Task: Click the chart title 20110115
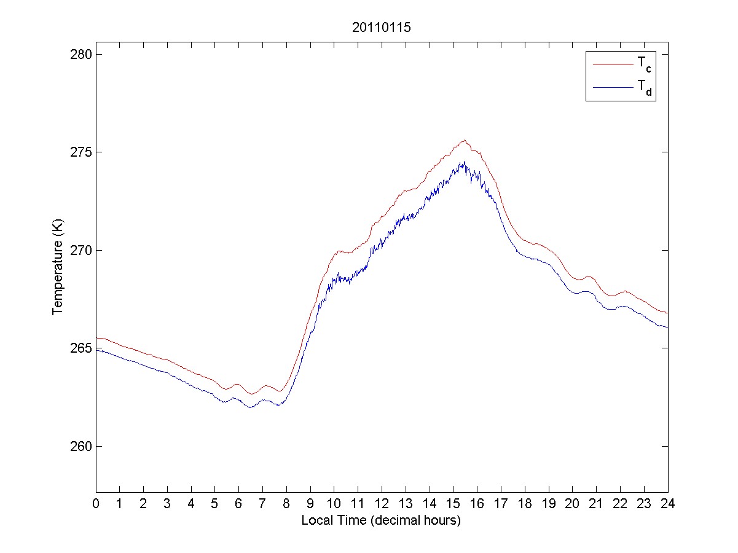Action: [381, 28]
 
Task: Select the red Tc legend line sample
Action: [611, 64]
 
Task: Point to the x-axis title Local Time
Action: [381, 520]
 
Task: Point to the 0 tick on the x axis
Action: [96, 503]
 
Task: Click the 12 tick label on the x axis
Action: [382, 503]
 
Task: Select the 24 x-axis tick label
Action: [667, 503]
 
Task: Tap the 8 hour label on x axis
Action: [286, 503]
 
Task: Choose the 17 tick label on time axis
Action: [501, 503]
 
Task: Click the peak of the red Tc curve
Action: [465, 140]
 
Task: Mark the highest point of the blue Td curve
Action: [465, 162]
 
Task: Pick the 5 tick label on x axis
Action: [215, 503]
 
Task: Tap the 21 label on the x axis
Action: [596, 503]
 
